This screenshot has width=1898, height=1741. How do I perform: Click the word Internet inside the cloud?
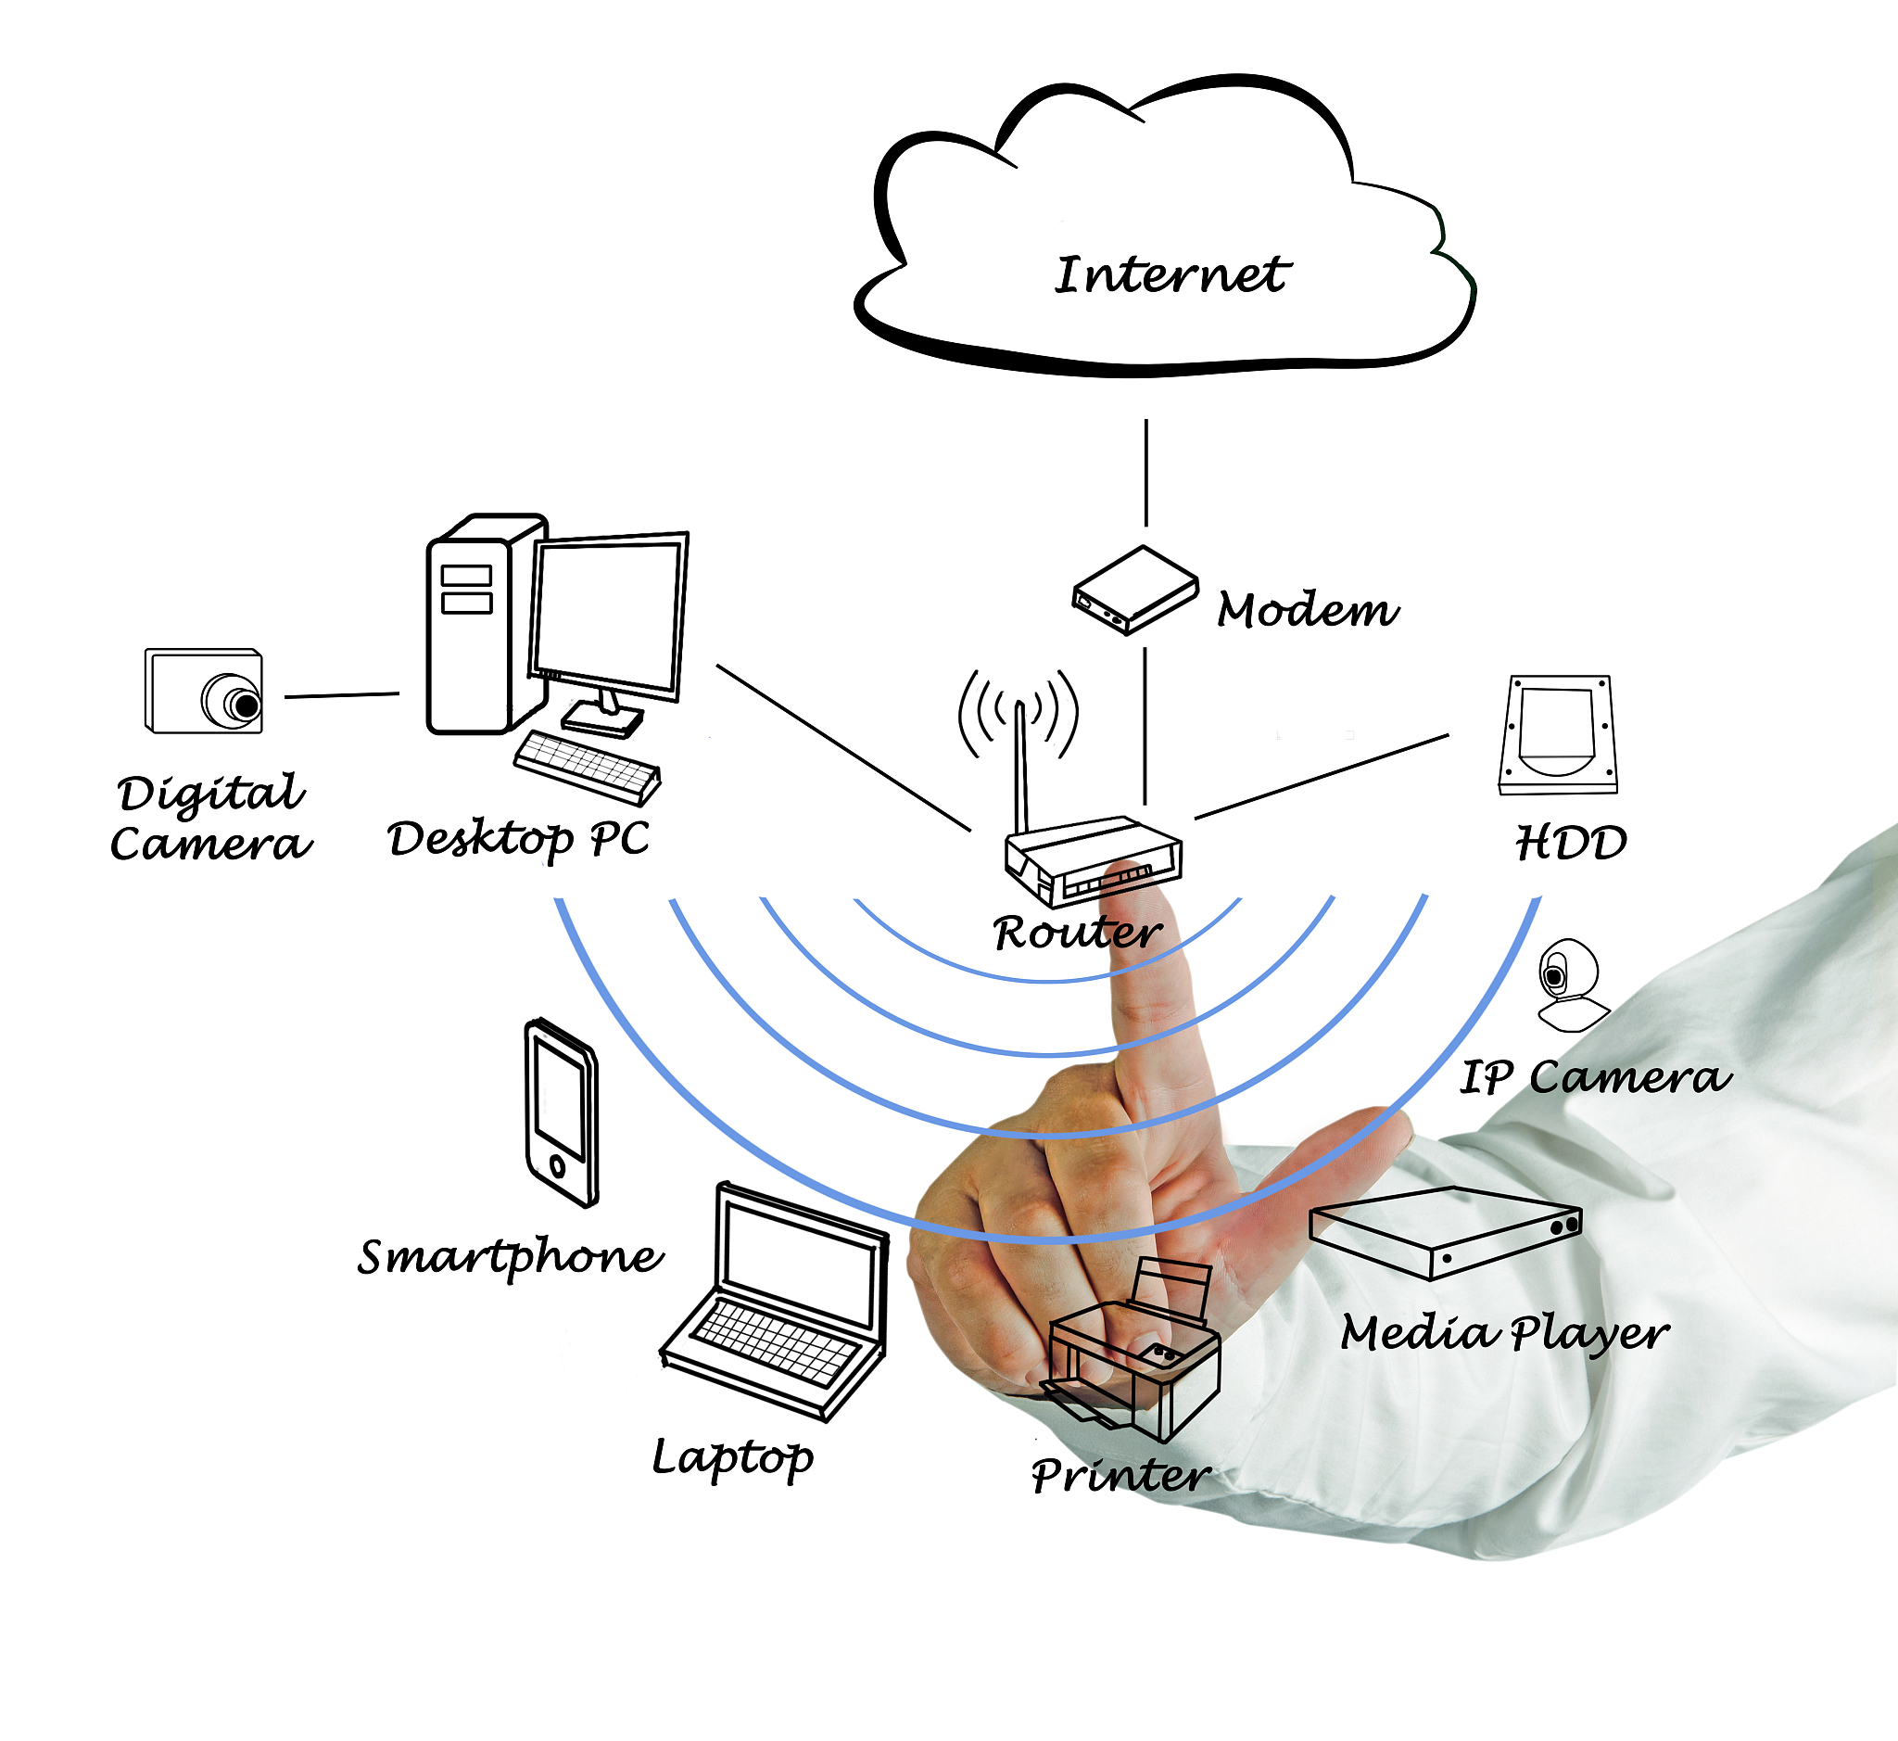point(1170,275)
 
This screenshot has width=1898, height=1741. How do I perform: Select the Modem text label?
point(1308,610)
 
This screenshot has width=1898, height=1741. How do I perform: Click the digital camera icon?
point(205,691)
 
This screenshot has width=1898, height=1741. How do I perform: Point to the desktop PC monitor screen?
point(608,616)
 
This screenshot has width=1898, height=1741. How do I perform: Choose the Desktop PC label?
point(518,837)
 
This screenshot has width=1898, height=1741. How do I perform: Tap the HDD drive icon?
point(1558,735)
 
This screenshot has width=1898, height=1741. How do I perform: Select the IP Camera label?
point(1595,1076)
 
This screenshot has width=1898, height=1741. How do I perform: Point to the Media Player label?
point(1504,1333)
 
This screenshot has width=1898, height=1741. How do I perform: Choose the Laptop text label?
point(733,1456)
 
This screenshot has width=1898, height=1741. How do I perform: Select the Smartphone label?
point(511,1256)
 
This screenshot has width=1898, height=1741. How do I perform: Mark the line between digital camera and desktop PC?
point(342,695)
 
